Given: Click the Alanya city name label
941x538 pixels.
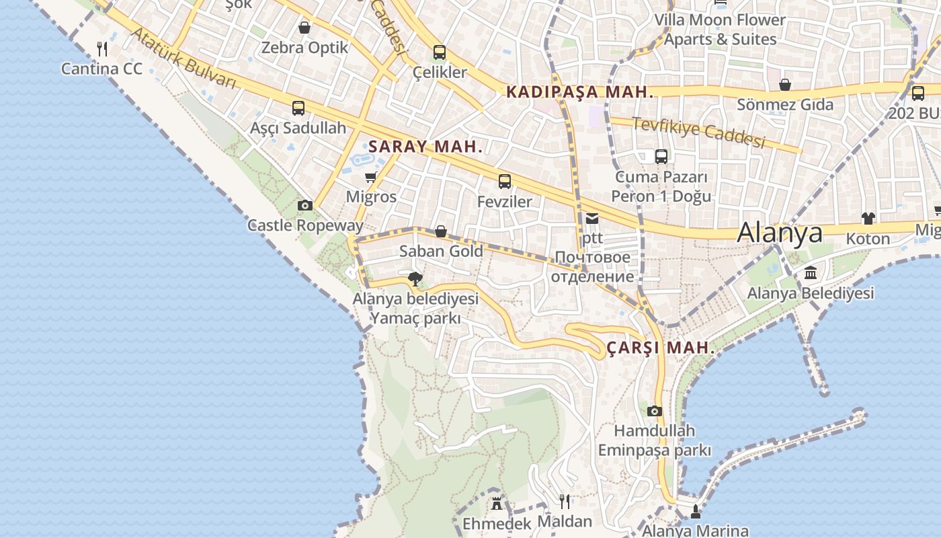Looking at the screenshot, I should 780,233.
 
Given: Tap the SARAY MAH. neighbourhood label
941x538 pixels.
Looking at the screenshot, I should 425,147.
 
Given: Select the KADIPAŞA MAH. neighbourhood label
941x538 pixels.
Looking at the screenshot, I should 580,92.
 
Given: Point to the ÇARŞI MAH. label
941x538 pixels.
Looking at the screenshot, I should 661,348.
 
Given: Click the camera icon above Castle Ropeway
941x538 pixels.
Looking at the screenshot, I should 305,206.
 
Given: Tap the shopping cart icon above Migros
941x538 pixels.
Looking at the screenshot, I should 370,178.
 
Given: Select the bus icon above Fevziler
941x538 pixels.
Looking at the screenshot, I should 505,182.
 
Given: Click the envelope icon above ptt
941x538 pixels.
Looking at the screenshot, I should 592,219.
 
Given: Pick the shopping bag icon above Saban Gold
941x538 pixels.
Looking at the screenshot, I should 441,232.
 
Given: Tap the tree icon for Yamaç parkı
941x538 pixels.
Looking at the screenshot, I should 415,278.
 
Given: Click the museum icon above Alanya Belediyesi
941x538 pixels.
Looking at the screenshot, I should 811,273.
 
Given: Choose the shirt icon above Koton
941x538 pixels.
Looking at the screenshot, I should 868,219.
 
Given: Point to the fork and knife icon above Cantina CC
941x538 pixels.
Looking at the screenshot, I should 102,48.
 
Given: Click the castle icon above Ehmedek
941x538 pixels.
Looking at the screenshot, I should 497,503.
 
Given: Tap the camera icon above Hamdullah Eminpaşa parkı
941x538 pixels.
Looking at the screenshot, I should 655,411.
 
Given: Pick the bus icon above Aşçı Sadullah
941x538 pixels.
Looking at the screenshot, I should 298,108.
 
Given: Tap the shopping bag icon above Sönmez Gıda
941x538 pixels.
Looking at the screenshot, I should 784,85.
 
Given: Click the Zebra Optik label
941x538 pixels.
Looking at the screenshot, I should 304,48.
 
